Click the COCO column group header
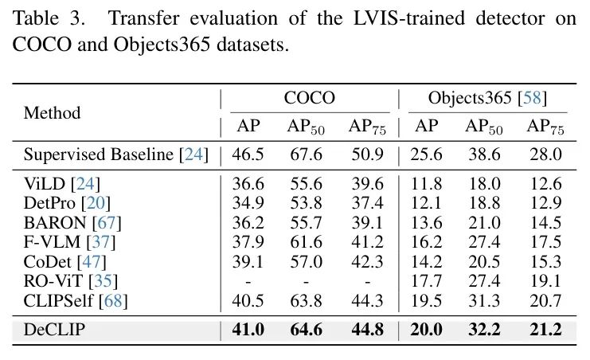[309, 99]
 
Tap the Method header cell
[53, 112]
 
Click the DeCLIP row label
[55, 330]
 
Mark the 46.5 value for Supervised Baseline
[248, 154]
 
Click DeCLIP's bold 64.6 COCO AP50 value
[305, 330]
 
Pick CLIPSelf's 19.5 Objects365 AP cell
[427, 299]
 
